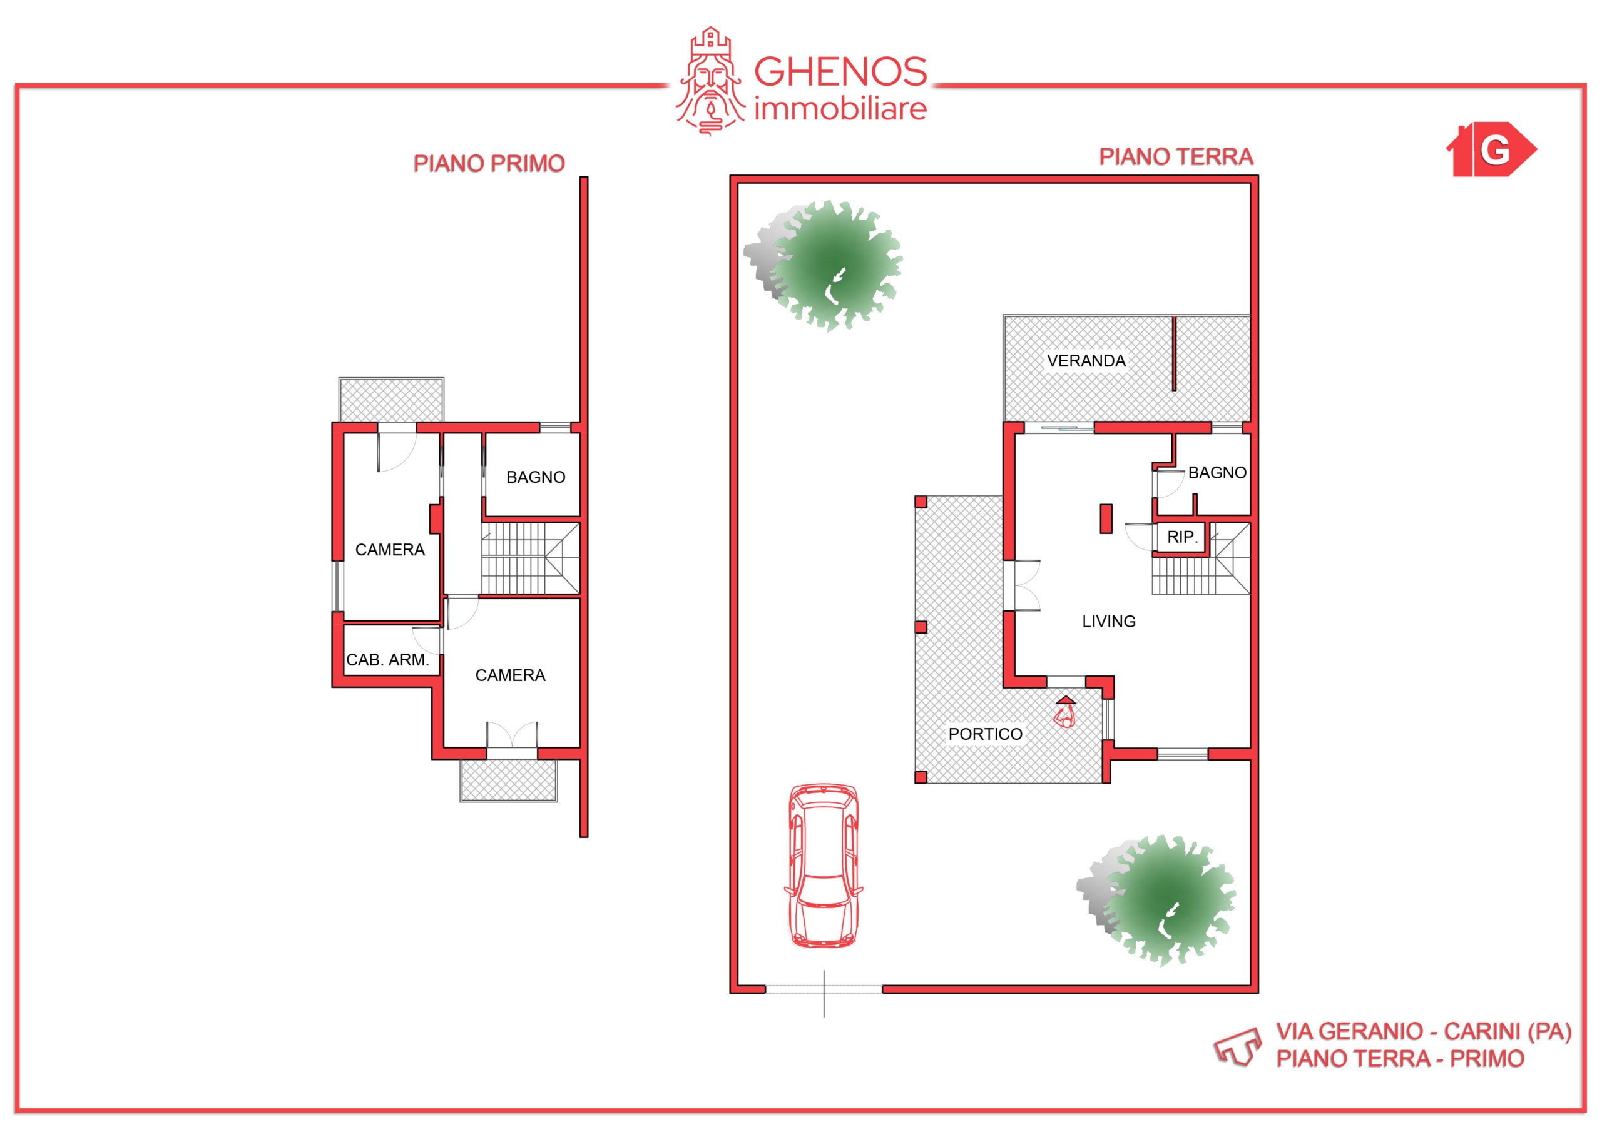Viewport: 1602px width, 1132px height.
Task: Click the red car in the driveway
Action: coord(824,866)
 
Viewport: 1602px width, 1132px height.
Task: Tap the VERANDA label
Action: coord(1086,361)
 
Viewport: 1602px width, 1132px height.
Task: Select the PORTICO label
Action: coord(985,734)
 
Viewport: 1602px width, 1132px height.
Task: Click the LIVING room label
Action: coord(1109,622)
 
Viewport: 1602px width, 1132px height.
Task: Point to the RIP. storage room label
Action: coord(1183,537)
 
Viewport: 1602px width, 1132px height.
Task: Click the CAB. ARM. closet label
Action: coord(387,660)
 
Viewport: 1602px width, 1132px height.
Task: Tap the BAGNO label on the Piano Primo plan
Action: coord(536,477)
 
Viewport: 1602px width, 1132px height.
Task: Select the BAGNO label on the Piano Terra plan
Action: coord(1218,473)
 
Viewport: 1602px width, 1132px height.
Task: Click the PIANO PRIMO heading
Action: coord(489,163)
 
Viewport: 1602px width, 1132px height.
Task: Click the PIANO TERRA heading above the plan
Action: coord(1176,157)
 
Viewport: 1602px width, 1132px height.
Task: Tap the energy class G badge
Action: coord(1492,149)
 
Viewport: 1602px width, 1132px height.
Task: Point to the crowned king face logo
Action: coord(710,81)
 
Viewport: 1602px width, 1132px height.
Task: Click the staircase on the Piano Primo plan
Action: coord(530,558)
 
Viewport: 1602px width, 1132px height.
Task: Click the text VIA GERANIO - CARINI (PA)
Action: coord(1424,1031)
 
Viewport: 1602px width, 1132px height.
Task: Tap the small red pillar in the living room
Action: coord(1106,519)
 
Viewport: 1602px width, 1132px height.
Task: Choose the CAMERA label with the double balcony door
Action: coord(510,675)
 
